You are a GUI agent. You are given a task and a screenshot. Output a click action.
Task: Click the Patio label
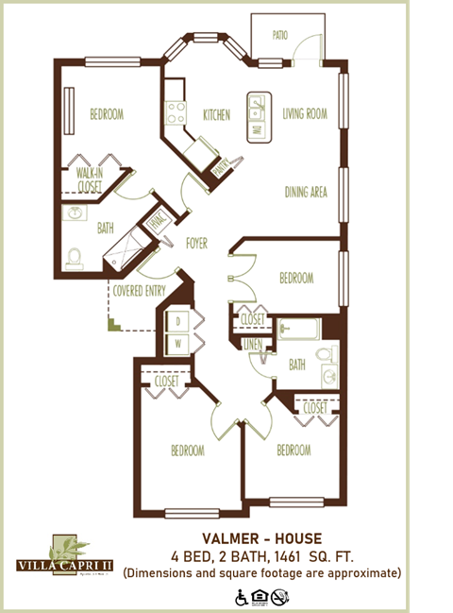[x=279, y=35]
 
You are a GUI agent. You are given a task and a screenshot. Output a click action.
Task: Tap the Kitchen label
[x=216, y=115]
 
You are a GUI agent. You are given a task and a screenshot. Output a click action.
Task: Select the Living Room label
[x=305, y=114]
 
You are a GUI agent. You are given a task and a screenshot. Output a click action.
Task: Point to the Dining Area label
[x=306, y=193]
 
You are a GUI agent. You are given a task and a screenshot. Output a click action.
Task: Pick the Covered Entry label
[x=140, y=291]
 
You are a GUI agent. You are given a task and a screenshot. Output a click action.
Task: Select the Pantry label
[x=221, y=166]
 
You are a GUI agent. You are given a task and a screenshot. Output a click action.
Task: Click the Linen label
[x=252, y=345]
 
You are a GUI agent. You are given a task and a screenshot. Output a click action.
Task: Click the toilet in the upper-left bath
[x=75, y=256]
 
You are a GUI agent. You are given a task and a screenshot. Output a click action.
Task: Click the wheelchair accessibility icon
[x=243, y=597]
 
